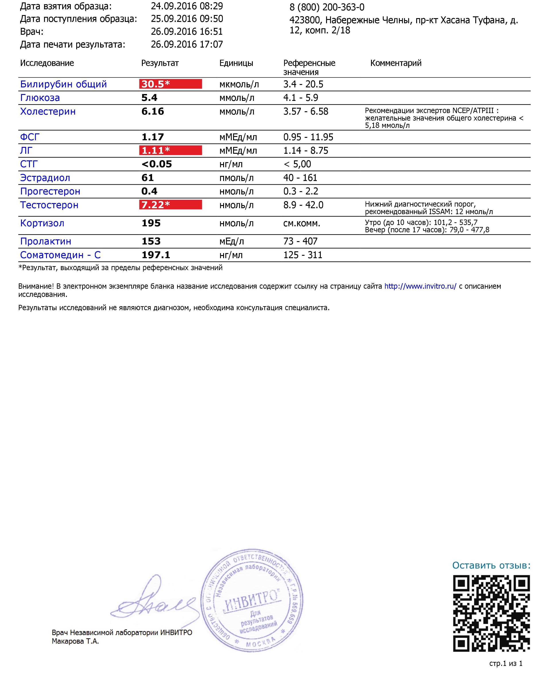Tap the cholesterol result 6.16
point(153,111)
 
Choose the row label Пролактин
point(46,241)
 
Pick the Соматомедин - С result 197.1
point(156,255)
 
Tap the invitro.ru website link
point(420,286)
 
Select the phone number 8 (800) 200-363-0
point(327,7)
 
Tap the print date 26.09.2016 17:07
point(187,44)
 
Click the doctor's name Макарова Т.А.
point(75,641)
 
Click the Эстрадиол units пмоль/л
point(236,178)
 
